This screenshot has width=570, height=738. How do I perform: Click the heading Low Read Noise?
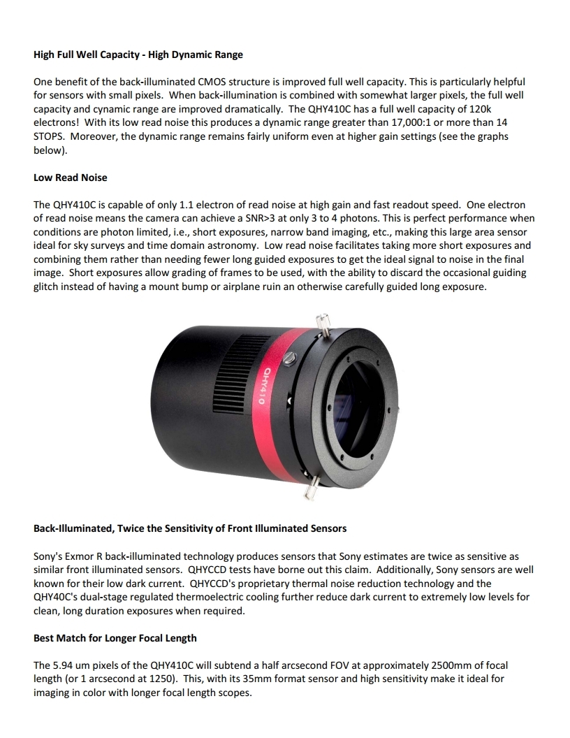pyautogui.click(x=71, y=178)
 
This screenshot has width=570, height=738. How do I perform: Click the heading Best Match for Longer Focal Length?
pyautogui.click(x=115, y=637)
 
